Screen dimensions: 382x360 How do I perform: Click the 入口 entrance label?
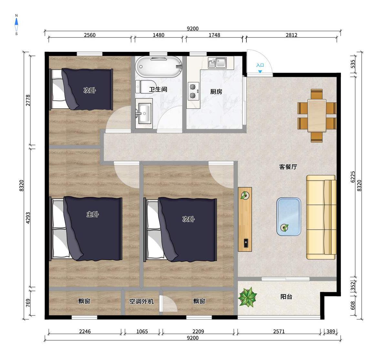point(260,65)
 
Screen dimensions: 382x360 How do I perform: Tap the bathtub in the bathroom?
point(159,67)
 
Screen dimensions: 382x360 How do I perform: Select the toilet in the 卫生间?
point(145,87)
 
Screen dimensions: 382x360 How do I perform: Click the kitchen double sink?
point(217,63)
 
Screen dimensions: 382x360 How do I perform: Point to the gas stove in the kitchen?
point(193,91)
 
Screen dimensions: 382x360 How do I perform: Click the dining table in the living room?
point(317,116)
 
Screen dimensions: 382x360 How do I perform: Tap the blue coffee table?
point(289,217)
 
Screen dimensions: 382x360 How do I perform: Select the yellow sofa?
point(321,217)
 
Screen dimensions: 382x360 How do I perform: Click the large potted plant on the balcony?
point(248,297)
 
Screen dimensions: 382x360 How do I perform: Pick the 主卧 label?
point(93,214)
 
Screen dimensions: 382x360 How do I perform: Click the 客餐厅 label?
point(288,167)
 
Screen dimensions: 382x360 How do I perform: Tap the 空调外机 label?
point(141,301)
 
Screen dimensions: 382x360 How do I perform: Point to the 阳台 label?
point(286,297)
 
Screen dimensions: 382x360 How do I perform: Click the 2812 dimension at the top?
point(291,35)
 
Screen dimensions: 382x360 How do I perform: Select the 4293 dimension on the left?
point(28,218)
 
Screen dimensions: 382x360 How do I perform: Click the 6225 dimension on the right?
point(353,177)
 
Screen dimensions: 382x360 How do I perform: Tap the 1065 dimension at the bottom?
point(142,332)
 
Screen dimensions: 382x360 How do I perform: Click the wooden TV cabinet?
point(245,219)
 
